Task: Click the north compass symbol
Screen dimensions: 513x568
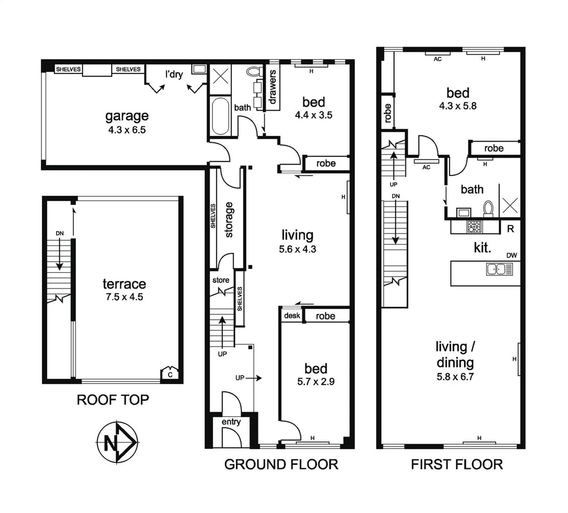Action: pos(117,443)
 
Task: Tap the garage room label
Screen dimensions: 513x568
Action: pos(127,116)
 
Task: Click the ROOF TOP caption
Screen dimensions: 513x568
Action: pos(113,400)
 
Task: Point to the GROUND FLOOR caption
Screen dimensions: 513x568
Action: pos(281,464)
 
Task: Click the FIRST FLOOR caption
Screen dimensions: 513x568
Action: pos(457,464)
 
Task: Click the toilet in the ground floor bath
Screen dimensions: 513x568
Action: pos(253,73)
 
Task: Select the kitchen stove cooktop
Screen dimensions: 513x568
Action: pos(474,227)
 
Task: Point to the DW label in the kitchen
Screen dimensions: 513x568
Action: pos(511,256)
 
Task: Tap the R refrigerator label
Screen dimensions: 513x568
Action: pos(511,228)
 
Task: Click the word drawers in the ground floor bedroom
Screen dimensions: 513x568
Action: pos(273,87)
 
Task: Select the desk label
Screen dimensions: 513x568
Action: pos(291,316)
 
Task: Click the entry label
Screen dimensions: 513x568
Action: pos(231,422)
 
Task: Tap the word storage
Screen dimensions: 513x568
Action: pos(229,219)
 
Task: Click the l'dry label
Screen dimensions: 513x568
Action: pos(174,75)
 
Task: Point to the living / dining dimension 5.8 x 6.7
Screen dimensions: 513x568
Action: pos(455,377)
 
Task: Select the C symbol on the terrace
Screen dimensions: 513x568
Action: pos(170,374)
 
